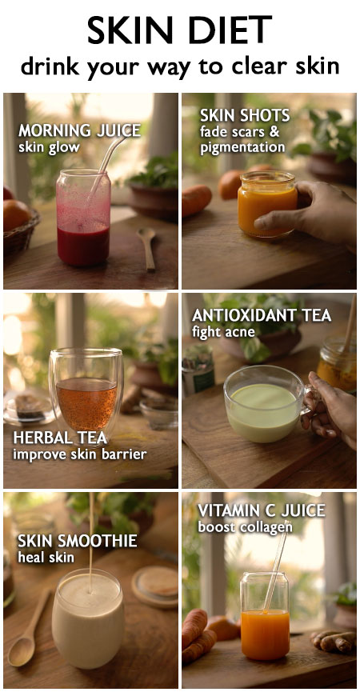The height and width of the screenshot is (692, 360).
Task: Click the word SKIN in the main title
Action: click(x=131, y=30)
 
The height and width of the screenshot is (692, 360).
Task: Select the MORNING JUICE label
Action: click(x=79, y=130)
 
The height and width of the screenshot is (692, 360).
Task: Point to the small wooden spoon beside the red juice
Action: click(x=147, y=248)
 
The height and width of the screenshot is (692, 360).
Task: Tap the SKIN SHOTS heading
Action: click(x=245, y=116)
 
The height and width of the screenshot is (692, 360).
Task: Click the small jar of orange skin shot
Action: click(x=267, y=204)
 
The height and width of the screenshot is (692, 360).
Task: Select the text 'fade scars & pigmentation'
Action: click(x=242, y=139)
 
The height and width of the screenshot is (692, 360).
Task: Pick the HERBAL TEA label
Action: click(x=60, y=438)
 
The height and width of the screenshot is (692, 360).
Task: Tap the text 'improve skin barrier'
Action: click(x=79, y=454)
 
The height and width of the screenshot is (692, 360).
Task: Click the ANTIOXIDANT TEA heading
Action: click(x=262, y=316)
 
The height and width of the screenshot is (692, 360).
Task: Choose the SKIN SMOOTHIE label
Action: click(x=78, y=541)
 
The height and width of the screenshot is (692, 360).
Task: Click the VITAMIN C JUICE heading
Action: click(x=262, y=511)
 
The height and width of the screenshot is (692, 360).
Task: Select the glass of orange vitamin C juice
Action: click(x=265, y=616)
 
